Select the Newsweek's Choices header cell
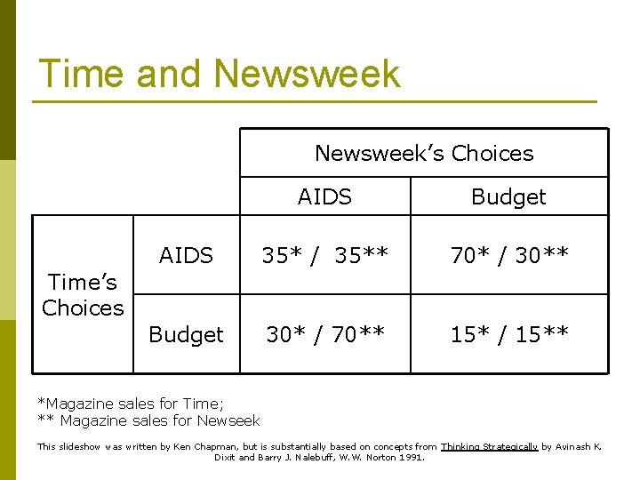[x=424, y=153]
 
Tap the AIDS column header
[x=324, y=196]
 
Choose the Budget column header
[x=508, y=196]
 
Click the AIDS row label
[x=186, y=256]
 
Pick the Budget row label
[x=186, y=334]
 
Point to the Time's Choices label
[x=83, y=295]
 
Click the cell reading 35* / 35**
[x=324, y=256]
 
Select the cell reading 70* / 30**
[x=508, y=256]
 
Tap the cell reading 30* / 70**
[x=324, y=334]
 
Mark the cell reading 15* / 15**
[x=508, y=334]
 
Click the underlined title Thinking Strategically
[x=489, y=446]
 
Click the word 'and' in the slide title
[x=174, y=73]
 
